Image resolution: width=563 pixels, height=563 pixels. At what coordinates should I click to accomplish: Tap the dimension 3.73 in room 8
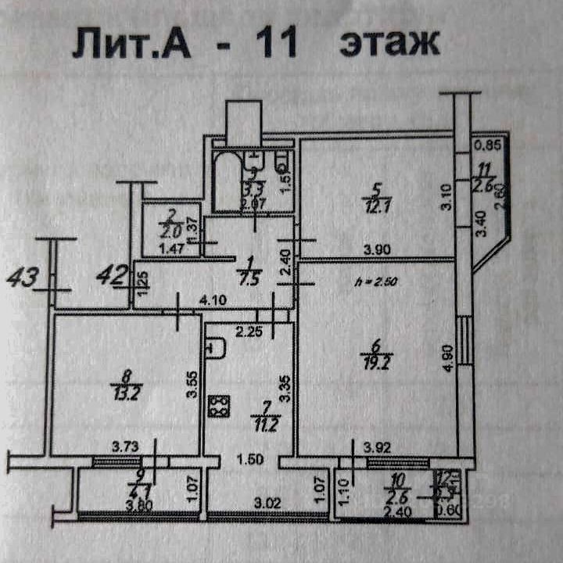point(125,446)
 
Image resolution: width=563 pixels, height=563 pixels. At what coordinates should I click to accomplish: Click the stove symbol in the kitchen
point(217,406)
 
